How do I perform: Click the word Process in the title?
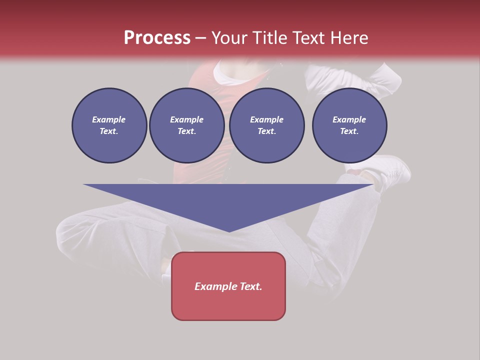[157, 37]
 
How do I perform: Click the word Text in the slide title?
[310, 38]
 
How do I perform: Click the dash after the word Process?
[200, 38]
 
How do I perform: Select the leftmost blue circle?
[109, 125]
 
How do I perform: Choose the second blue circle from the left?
[187, 125]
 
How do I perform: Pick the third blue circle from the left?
[267, 125]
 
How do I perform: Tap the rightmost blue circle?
[349, 125]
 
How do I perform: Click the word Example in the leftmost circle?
[109, 119]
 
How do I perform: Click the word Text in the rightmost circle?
[349, 131]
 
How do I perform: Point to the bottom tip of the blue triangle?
[229, 231]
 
